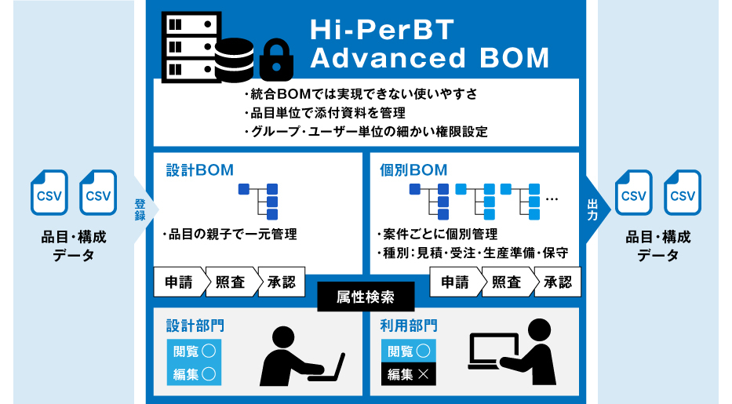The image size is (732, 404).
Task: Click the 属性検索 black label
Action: click(365, 297)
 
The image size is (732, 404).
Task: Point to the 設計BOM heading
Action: click(200, 169)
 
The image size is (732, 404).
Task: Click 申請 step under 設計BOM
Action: click(179, 282)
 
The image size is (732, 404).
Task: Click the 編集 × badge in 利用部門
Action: click(407, 374)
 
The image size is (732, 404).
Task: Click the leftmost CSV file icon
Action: click(49, 193)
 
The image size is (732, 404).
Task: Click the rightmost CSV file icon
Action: click(683, 193)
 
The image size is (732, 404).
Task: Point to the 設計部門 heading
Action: click(195, 325)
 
